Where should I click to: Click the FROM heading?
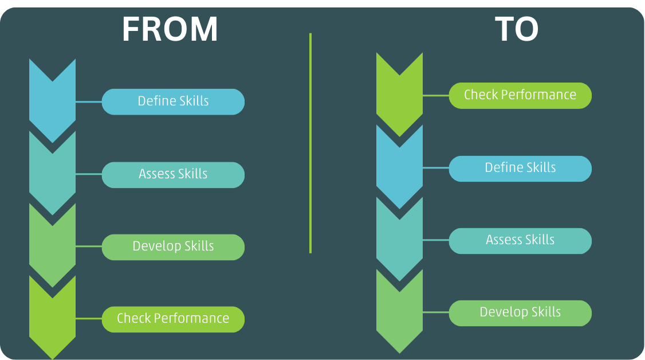click(x=170, y=30)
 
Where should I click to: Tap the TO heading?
click(x=516, y=30)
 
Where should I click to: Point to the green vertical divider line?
click(x=310, y=143)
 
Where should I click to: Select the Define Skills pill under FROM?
click(x=173, y=101)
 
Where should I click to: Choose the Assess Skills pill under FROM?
click(x=173, y=174)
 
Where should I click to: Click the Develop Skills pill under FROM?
click(x=173, y=246)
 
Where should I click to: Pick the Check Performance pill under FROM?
click(x=173, y=319)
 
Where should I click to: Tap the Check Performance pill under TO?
click(x=520, y=95)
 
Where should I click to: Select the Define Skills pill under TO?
click(x=520, y=168)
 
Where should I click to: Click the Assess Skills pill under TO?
click(x=520, y=240)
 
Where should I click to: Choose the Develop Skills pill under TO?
click(x=520, y=312)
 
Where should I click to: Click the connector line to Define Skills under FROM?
click(x=89, y=102)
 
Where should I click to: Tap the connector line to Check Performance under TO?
click(x=435, y=96)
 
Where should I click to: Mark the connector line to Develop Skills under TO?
click(x=435, y=312)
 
